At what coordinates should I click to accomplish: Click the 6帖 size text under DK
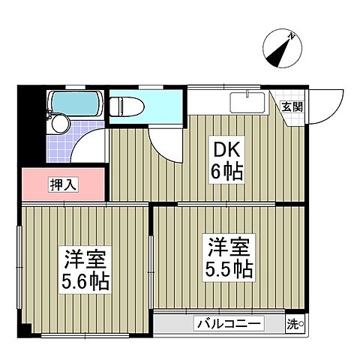click(x=225, y=173)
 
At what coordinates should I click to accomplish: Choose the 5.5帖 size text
click(x=227, y=268)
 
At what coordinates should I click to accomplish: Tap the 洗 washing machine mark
click(x=294, y=325)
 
